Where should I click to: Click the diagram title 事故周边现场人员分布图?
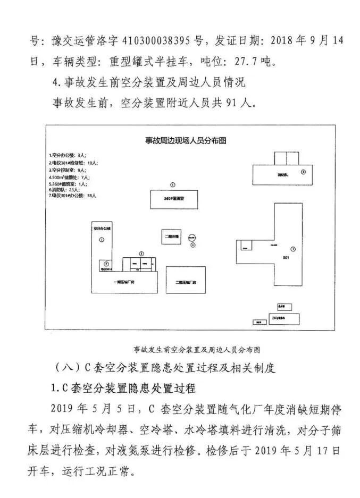186,140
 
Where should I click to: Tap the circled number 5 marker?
172,184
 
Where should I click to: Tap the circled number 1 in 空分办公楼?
102,240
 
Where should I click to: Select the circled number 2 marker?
106,264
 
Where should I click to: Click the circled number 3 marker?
141,254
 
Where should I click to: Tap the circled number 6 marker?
303,172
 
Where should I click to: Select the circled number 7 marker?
292,249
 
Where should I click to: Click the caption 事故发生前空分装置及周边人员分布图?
196,349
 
